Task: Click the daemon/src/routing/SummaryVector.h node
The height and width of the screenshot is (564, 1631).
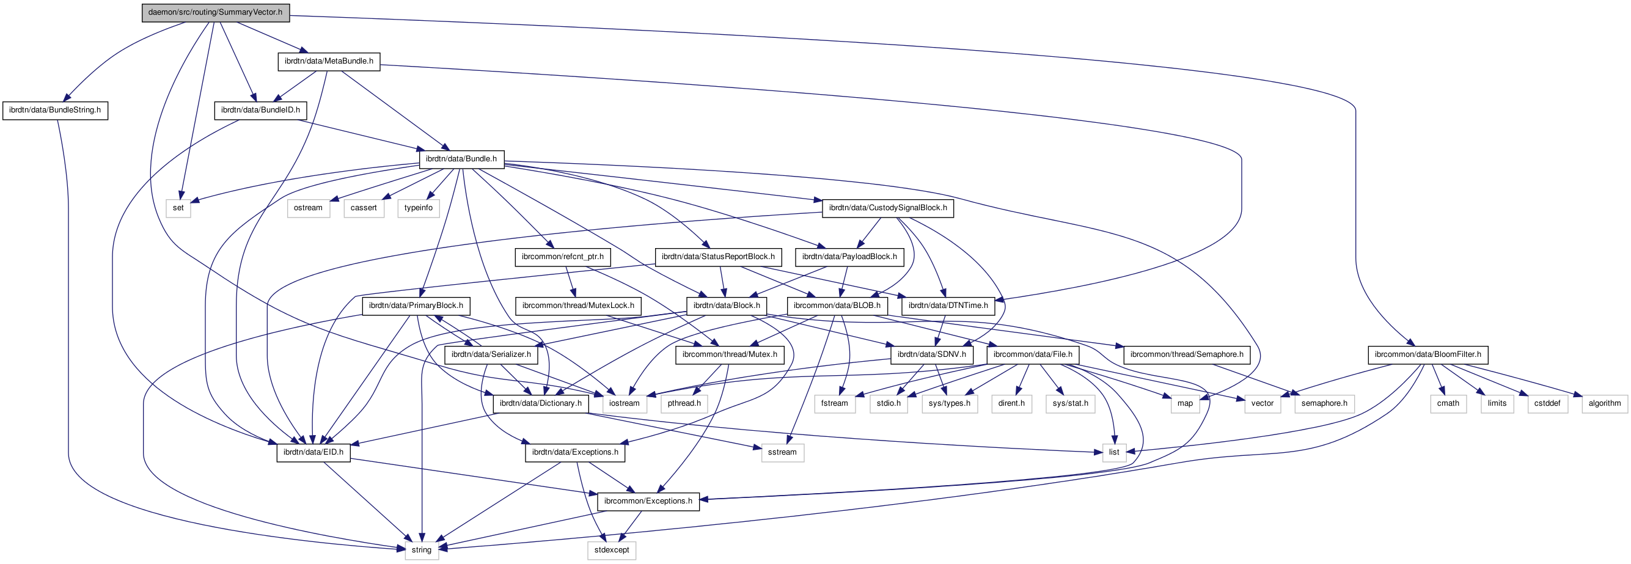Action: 215,13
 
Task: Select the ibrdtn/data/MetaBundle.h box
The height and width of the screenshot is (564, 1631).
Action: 329,61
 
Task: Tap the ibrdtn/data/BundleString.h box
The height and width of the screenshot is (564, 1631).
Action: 55,110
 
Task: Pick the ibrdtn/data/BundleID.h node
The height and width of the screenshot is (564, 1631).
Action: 260,110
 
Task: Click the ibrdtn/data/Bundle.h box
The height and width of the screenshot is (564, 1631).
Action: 461,159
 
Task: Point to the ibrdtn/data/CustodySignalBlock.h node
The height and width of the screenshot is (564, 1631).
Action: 888,208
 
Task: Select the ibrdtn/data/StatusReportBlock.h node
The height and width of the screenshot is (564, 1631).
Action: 718,257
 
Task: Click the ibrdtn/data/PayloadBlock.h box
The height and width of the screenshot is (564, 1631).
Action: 849,257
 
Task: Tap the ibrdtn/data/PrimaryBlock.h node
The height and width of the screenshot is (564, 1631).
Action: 416,306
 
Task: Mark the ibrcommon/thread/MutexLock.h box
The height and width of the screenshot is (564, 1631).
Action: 578,306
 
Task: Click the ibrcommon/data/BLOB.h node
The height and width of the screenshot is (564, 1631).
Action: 837,306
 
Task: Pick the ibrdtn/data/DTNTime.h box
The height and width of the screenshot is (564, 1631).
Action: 948,306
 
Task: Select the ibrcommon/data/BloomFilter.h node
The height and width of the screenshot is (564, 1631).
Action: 1428,354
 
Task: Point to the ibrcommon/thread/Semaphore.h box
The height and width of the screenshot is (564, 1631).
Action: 1187,354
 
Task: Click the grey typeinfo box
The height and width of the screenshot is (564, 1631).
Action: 419,208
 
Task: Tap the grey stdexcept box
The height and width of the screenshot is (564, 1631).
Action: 612,550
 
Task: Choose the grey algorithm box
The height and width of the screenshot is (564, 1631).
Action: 1604,403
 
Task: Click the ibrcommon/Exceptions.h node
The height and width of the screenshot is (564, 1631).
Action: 648,501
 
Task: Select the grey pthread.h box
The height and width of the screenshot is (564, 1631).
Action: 684,403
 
